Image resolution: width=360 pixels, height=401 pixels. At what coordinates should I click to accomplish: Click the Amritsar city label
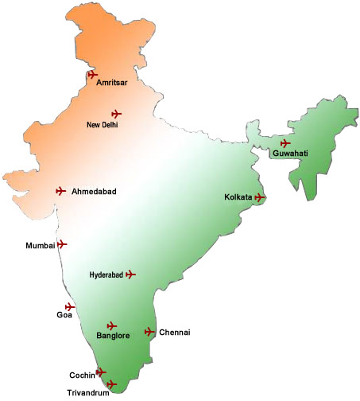tap(112, 82)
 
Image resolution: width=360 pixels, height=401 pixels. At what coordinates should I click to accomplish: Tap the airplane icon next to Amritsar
tap(93, 75)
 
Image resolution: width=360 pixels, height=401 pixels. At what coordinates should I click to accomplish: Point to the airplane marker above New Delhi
tap(117, 114)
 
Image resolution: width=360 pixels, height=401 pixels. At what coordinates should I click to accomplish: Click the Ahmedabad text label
tap(94, 192)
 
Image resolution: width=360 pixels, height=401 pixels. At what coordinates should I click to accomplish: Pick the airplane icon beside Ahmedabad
tap(60, 191)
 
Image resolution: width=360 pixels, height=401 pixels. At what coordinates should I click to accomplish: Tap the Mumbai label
tap(41, 246)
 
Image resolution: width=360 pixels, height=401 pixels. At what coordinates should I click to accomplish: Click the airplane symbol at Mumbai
tap(62, 244)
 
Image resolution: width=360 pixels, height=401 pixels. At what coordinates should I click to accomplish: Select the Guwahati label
tap(290, 154)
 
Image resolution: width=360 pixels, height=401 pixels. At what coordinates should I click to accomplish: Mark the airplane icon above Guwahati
tap(285, 143)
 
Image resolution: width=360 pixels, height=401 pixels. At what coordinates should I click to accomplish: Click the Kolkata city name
tap(238, 197)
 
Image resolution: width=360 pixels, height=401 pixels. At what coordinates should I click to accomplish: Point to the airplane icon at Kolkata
tap(260, 197)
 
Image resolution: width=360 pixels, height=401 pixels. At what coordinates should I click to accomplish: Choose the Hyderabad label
tap(106, 275)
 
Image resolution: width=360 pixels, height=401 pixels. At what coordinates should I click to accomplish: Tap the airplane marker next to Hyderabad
tap(131, 274)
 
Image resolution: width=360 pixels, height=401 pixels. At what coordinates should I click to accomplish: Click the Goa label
tap(64, 315)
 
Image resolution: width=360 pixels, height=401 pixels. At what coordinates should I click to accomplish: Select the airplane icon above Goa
tap(70, 306)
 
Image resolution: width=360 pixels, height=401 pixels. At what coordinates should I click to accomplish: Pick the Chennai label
tap(175, 333)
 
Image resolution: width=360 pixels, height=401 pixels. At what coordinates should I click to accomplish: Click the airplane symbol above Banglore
tap(112, 325)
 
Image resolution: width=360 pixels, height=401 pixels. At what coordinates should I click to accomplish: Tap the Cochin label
tap(82, 375)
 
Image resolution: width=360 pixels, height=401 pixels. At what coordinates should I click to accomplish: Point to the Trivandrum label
tap(87, 391)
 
